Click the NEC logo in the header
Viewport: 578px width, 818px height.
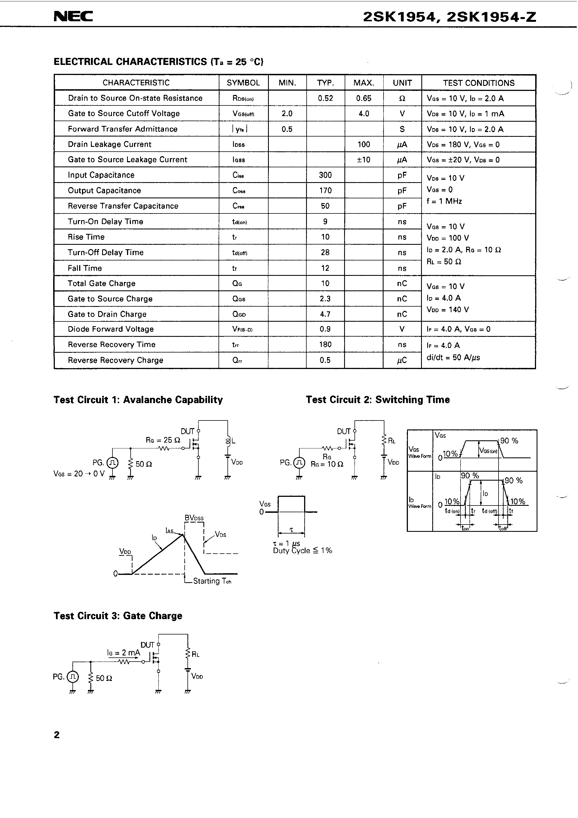[73, 17]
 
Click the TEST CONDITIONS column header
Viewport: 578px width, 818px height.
[479, 83]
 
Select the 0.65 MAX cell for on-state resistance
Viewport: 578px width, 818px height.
[363, 98]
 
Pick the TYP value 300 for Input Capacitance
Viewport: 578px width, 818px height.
[325, 175]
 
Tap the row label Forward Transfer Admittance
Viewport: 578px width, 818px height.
[123, 129]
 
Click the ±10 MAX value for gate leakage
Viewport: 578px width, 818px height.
[363, 160]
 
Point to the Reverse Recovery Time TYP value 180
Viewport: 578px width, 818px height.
[325, 344]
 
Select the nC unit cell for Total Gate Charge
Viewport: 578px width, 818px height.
[402, 284]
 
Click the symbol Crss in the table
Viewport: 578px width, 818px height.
[238, 206]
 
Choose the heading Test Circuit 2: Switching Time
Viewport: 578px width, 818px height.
[378, 400]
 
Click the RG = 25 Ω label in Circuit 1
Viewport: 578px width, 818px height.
[163, 440]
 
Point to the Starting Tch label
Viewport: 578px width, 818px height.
[212, 581]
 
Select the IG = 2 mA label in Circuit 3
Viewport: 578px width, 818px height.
[124, 653]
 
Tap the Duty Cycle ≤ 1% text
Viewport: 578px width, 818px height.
[302, 551]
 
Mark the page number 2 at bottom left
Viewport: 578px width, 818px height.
[57, 735]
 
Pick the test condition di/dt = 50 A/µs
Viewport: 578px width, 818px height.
[453, 357]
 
